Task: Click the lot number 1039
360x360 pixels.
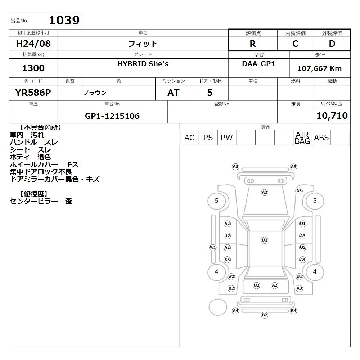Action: pos(64,20)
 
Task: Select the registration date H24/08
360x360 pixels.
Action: pos(33,44)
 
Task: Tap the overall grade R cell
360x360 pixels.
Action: pos(253,44)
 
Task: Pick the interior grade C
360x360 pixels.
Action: pos(295,44)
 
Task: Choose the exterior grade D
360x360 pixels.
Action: pos(332,44)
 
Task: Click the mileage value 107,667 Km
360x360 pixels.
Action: pos(319,68)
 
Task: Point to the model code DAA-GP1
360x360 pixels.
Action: pos(258,64)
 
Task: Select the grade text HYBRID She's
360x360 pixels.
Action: pos(143,64)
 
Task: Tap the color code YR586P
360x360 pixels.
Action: pos(33,93)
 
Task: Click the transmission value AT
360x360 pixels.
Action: pos(174,93)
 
